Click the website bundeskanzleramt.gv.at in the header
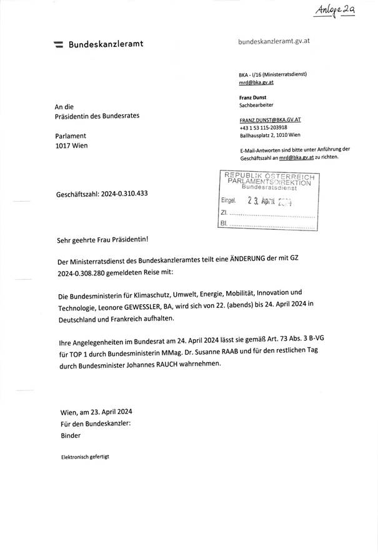pyautogui.click(x=274, y=41)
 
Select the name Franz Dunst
pyautogui.click(x=253, y=97)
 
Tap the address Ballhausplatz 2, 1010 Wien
pyautogui.click(x=269, y=134)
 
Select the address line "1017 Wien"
pyautogui.click(x=72, y=146)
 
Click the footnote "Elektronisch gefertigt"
pyautogui.click(x=84, y=457)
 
